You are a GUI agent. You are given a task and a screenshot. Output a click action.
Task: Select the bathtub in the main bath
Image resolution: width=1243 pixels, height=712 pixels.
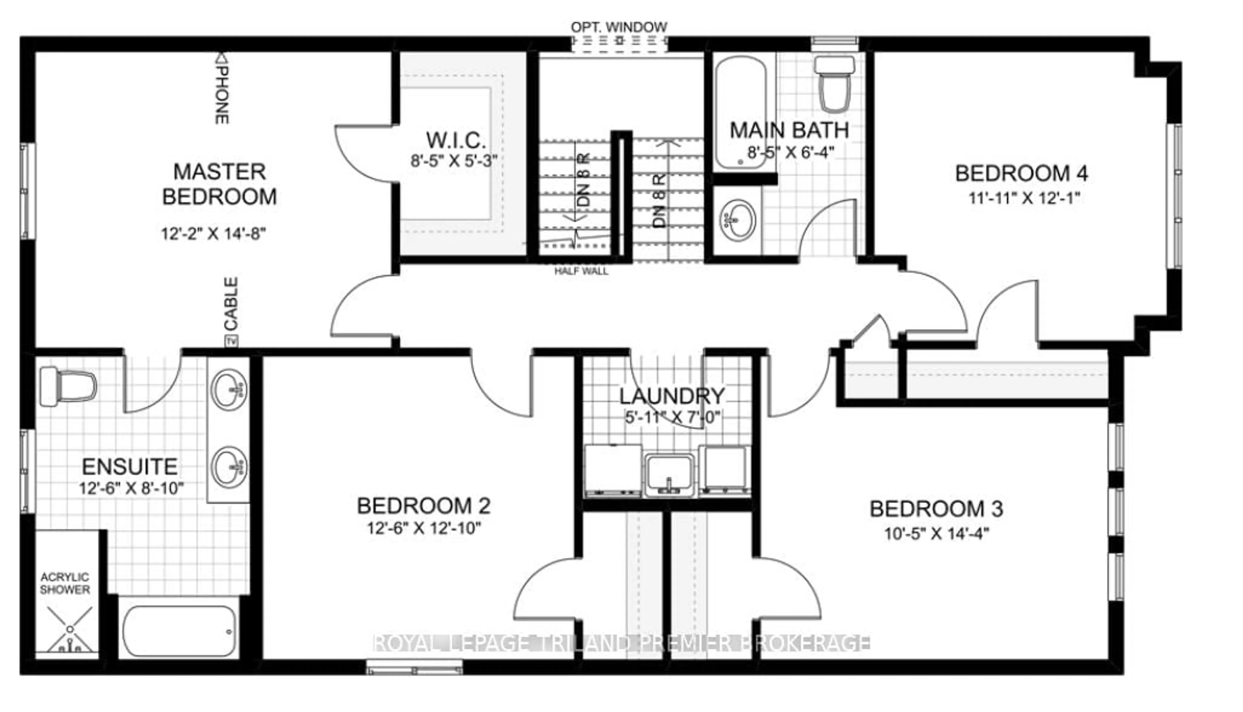click(x=741, y=114)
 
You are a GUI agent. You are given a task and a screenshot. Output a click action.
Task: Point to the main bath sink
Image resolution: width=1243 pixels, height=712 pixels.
click(x=738, y=220)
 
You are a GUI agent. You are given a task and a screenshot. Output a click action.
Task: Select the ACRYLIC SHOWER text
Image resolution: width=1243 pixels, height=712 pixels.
click(x=65, y=583)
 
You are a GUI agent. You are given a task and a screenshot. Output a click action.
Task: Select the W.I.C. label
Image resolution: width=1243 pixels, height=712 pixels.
click(x=456, y=141)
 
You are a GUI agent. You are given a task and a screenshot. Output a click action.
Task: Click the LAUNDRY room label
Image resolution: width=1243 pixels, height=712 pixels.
click(x=672, y=396)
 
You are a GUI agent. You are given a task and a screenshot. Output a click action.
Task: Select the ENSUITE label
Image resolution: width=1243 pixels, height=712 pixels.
click(x=129, y=466)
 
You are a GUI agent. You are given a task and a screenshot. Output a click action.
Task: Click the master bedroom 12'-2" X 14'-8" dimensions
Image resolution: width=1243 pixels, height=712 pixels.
click(x=214, y=234)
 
